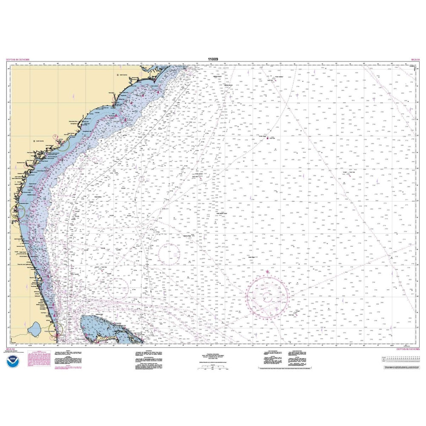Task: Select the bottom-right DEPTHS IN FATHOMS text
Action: click(x=408, y=348)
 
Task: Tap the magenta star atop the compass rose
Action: click(x=268, y=271)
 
